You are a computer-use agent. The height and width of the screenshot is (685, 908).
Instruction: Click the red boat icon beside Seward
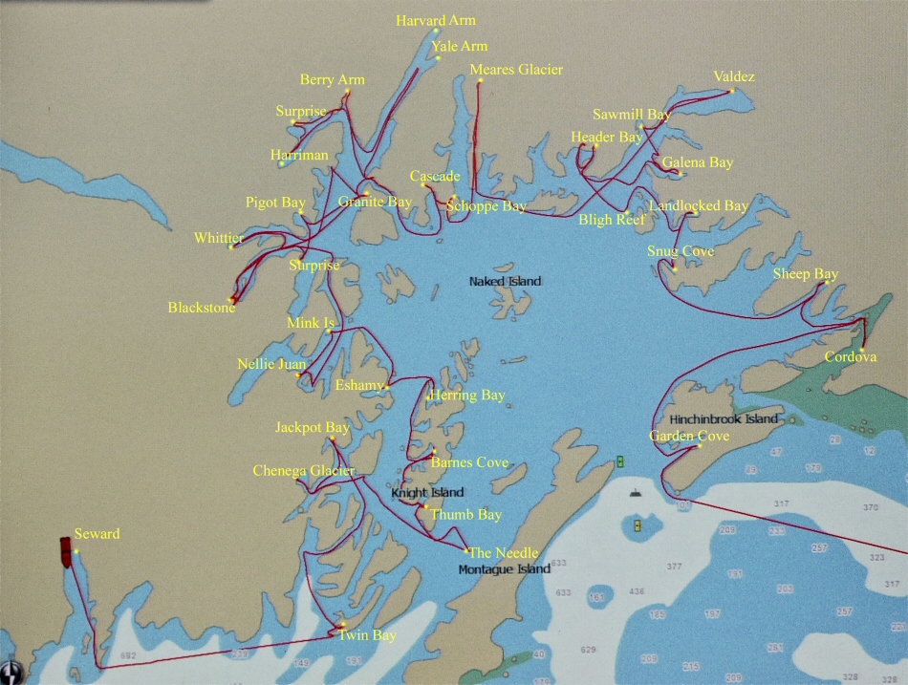(64, 550)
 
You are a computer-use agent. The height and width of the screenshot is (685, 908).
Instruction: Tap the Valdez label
(733, 77)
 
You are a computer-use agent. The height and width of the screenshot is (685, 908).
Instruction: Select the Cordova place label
(851, 357)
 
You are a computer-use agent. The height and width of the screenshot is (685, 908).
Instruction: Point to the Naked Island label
(505, 282)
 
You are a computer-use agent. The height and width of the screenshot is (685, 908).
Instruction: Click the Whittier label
(219, 238)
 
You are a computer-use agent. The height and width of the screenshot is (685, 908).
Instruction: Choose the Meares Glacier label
(516, 70)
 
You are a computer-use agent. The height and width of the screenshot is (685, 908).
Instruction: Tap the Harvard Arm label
(436, 20)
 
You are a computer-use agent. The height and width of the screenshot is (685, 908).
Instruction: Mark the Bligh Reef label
(612, 220)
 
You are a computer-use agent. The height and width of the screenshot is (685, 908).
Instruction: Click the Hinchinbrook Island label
(724, 419)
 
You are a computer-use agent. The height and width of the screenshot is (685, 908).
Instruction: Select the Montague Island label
(504, 569)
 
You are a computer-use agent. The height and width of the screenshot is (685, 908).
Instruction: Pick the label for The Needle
(503, 553)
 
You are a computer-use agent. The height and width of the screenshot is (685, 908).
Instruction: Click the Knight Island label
(427, 493)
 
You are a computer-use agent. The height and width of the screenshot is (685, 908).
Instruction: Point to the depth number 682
(129, 656)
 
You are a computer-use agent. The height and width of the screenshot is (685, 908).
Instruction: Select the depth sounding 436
(637, 592)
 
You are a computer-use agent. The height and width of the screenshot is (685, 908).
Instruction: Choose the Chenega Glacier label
(303, 471)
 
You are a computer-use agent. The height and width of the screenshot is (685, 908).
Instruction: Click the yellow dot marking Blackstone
(231, 299)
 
